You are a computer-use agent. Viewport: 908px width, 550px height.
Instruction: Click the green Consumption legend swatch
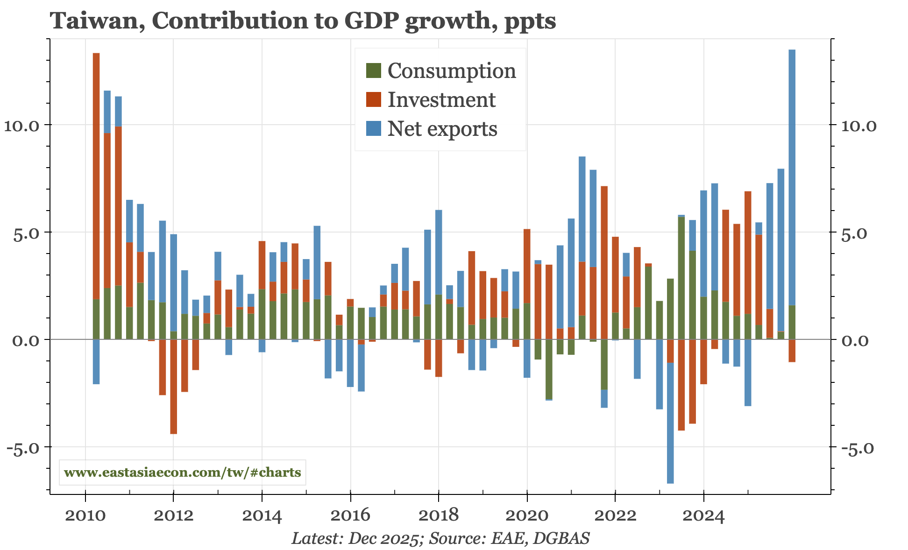374,71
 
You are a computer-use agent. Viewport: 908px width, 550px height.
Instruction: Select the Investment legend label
441,100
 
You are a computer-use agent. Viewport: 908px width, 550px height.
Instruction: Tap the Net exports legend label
442,129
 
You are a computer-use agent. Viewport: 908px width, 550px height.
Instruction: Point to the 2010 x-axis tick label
85,515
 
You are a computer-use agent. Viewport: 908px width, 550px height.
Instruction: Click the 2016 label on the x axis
350,515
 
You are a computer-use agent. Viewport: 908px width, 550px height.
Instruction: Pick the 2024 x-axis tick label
703,515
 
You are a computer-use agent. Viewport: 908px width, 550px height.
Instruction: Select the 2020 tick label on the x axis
527,515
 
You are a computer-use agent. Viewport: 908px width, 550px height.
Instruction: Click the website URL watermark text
183,472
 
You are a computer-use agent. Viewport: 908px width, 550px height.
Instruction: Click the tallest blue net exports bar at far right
792,177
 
